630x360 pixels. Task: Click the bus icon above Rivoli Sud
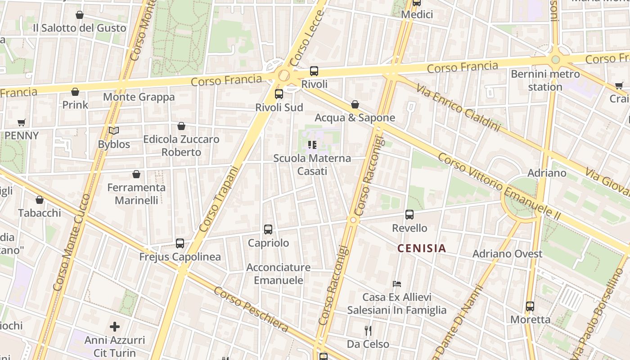point(279,94)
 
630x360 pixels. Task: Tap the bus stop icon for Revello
point(409,215)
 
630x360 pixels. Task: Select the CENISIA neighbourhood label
point(422,248)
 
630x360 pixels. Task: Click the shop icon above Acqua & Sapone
point(355,104)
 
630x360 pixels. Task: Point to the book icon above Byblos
point(114,131)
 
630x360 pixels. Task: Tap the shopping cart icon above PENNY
point(22,122)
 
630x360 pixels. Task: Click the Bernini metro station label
point(545,80)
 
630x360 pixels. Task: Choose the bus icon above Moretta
point(530,306)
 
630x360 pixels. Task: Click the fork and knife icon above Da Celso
point(368,331)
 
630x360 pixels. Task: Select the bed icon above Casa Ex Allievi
point(397,284)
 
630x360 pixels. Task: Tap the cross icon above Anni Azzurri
point(115,326)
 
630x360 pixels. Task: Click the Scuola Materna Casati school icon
point(312,145)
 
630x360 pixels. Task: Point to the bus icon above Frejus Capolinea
point(180,243)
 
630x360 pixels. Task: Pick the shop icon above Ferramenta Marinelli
point(136,174)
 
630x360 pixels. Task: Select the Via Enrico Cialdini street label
point(458,108)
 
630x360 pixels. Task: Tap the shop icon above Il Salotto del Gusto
point(80,15)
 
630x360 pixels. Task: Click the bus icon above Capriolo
point(268,229)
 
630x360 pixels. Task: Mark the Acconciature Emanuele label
point(278,274)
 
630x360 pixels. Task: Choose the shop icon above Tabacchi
point(40,200)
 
